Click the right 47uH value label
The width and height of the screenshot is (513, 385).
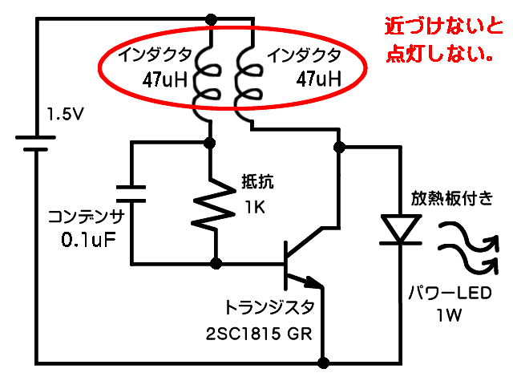point(318,79)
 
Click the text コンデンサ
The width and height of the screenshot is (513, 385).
point(86,216)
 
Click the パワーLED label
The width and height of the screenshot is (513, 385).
point(450,294)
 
